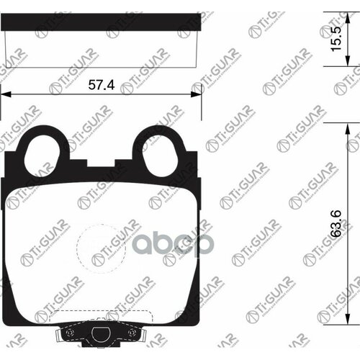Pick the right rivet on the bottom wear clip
pos(132,333)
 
